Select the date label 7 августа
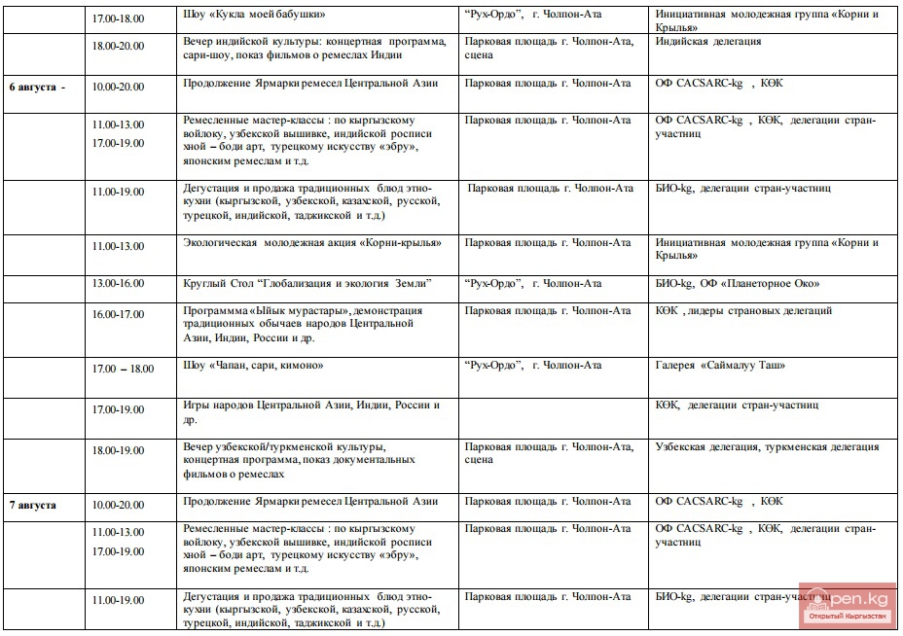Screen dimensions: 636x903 pos(33,506)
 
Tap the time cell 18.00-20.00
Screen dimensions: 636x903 pos(118,47)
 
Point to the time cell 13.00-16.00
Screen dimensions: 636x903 pos(118,284)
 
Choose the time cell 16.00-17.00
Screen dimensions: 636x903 pos(118,315)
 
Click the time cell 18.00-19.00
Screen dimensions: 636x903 pos(118,451)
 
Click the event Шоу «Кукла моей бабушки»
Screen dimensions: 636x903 pos(254,15)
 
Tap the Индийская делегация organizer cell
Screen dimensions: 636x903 pos(708,43)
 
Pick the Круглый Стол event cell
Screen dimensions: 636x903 pos(307,284)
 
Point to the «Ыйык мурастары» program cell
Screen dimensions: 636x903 pos(303,325)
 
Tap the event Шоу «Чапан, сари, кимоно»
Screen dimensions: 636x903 pos(253,366)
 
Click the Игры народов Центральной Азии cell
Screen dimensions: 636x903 pos(311,412)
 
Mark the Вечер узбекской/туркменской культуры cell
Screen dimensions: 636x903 pos(291,460)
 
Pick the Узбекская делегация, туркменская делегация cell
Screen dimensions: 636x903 pos(767,447)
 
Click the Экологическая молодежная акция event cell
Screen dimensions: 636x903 pos(311,243)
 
